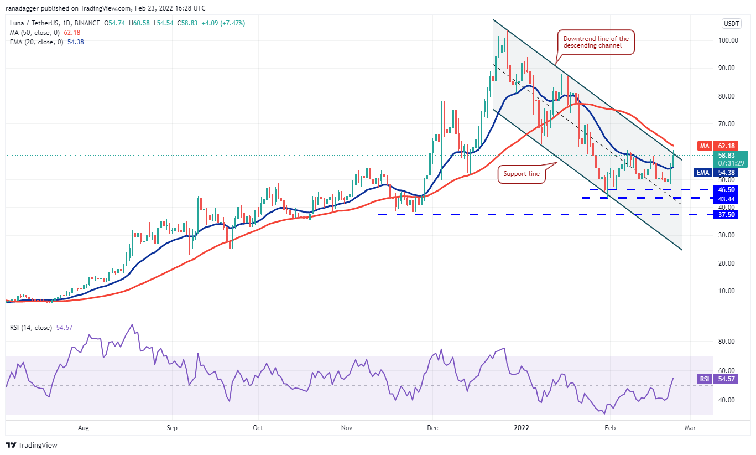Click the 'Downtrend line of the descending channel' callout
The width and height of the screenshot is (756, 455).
(596, 42)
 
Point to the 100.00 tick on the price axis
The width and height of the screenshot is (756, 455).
(723, 40)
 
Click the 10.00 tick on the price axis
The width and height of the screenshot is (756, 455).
(723, 291)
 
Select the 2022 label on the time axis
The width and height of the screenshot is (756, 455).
(521, 428)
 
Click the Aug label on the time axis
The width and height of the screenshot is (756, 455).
(84, 428)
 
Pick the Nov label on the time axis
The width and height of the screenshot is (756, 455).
(347, 428)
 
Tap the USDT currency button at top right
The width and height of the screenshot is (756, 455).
(732, 24)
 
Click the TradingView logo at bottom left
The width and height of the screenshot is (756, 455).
(32, 444)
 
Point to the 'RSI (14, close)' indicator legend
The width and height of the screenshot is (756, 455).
(31, 328)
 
